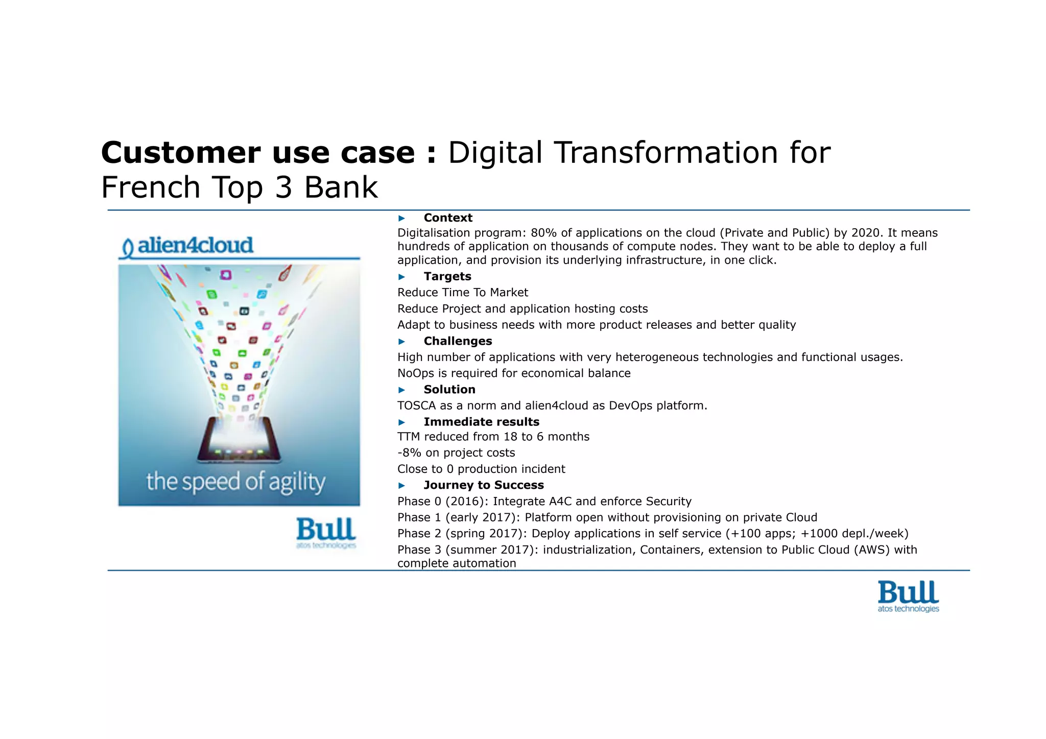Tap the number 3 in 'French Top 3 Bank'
click(283, 187)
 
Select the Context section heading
click(447, 218)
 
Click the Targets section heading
click(447, 276)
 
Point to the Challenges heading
click(458, 341)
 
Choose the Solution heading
click(449, 389)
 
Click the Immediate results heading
click(481, 421)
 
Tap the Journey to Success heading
click(483, 485)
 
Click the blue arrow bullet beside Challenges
click(401, 341)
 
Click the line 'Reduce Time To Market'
click(462, 292)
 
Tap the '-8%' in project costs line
click(409, 452)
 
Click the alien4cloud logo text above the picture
click(195, 246)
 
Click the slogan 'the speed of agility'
click(235, 482)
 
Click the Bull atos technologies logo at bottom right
click(908, 596)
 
